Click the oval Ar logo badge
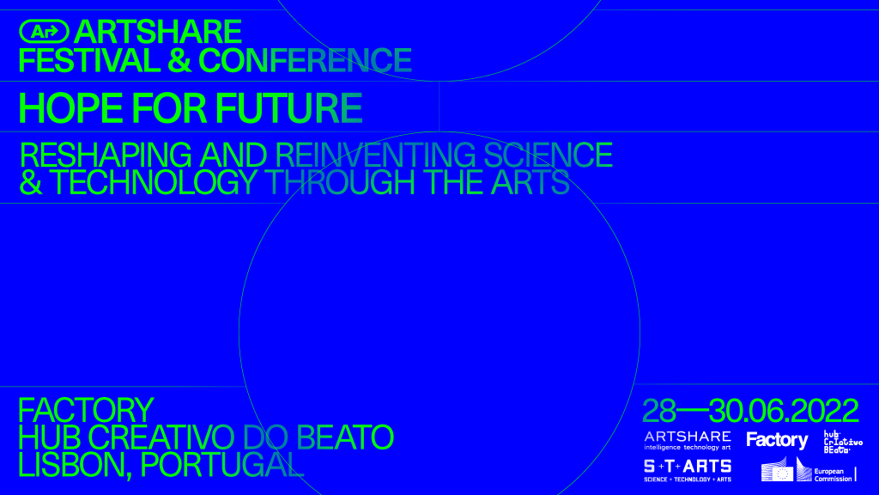click(44, 32)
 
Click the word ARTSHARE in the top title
click(158, 32)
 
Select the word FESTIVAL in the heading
click(89, 61)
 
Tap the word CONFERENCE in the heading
click(305, 61)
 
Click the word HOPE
click(70, 108)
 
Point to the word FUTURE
click(288, 108)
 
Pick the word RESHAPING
click(106, 155)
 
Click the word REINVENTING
click(375, 155)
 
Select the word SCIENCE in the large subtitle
click(548, 155)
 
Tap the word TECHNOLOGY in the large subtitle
click(153, 182)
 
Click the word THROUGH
click(340, 182)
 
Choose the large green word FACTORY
click(86, 410)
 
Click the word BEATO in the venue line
click(345, 437)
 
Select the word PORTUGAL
click(222, 465)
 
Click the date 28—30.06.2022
click(750, 412)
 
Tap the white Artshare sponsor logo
click(688, 441)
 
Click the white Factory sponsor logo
click(777, 441)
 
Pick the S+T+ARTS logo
click(688, 471)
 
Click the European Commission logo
click(809, 470)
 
